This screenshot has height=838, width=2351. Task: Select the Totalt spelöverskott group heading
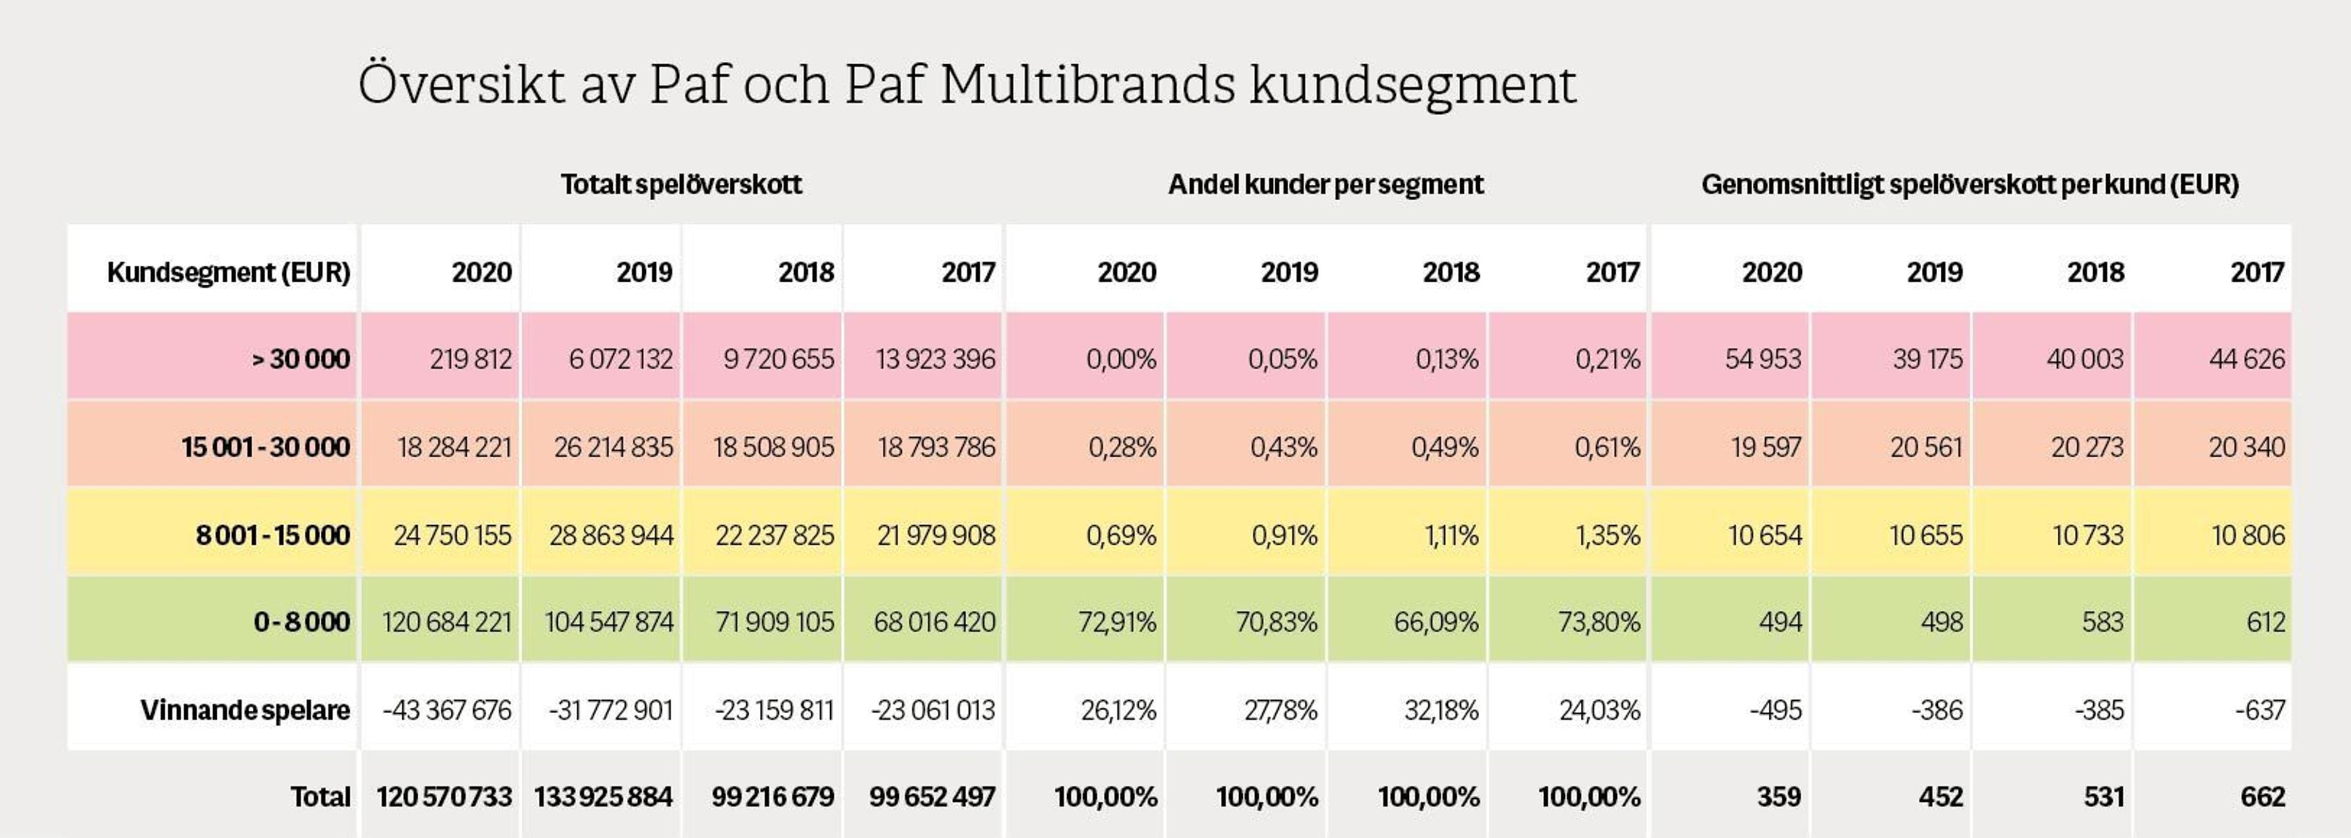point(681,184)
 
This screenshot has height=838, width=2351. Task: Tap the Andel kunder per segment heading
point(1325,184)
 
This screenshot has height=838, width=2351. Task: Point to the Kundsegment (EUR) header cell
point(228,272)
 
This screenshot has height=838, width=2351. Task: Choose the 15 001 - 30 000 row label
point(266,447)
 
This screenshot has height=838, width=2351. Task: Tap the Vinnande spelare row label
point(245,710)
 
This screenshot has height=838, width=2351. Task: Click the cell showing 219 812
point(470,359)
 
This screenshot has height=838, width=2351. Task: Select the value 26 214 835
point(613,447)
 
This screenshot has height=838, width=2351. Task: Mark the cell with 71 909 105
point(774,623)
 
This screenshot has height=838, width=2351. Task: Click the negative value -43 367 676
point(447,710)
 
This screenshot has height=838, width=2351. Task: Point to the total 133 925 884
point(603,797)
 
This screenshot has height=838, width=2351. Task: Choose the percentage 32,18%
point(1441,710)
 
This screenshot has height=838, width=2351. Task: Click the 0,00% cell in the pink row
point(1121,359)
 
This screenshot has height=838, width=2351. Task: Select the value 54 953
point(1763,359)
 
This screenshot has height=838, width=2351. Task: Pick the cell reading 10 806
point(2248,535)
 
